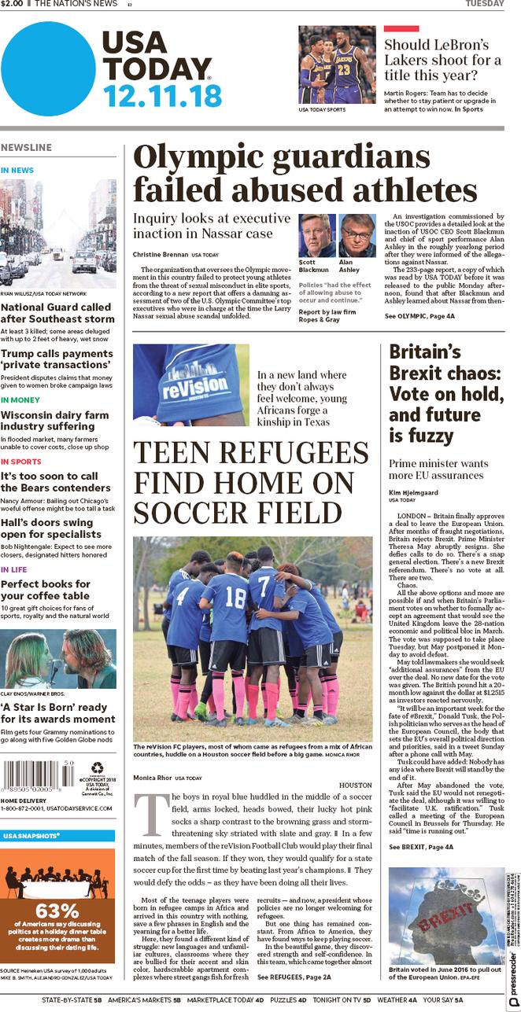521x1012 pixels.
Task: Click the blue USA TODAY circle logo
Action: (x=48, y=68)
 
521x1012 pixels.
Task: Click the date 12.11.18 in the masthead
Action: (x=162, y=96)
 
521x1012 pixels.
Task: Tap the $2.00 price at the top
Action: (x=12, y=4)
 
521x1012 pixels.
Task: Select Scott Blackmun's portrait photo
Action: (x=316, y=235)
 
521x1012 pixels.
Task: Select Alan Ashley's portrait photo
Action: (x=357, y=235)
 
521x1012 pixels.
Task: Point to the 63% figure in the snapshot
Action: (x=57, y=911)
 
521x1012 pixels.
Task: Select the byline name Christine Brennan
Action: (x=160, y=255)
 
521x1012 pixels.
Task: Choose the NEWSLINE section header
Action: (x=26, y=148)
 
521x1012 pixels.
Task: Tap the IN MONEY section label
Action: (x=20, y=400)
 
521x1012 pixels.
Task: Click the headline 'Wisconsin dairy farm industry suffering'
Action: (x=55, y=421)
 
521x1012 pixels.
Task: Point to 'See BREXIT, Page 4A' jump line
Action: (x=421, y=847)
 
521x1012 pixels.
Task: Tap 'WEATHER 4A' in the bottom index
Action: (x=396, y=1000)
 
